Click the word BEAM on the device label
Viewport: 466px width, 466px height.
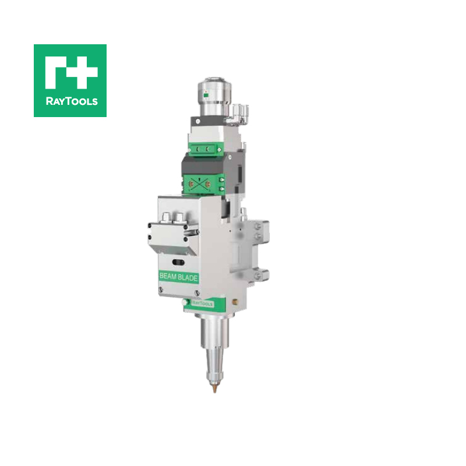point(169,278)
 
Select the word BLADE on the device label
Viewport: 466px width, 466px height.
point(188,278)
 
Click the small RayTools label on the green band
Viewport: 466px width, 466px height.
point(202,303)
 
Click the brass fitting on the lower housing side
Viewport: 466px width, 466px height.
point(234,302)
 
